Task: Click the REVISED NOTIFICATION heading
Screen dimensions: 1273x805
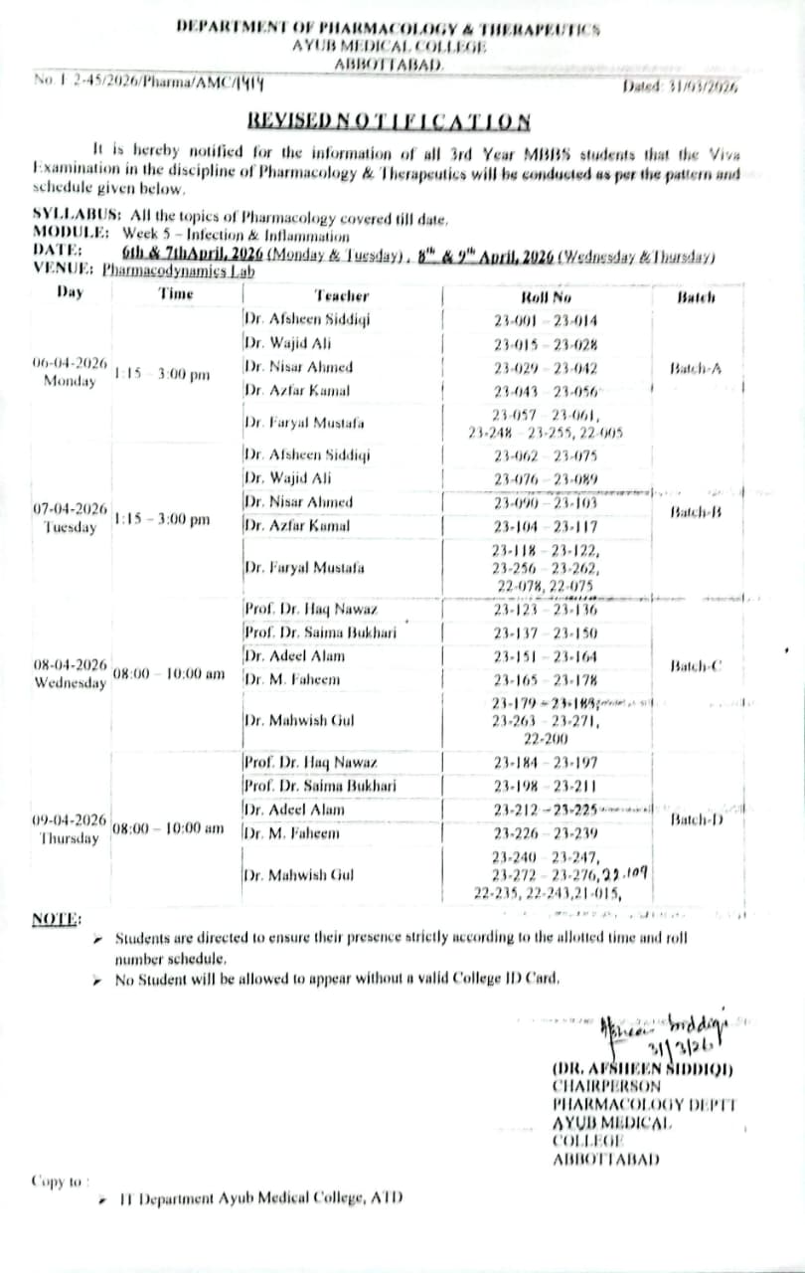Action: (389, 121)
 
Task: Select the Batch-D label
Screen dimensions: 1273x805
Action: (696, 819)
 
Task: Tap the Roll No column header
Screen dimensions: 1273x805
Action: (546, 296)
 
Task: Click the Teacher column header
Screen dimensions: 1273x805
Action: (341, 295)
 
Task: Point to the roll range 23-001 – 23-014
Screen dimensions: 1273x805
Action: (546, 320)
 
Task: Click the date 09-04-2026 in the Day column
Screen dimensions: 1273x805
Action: (70, 820)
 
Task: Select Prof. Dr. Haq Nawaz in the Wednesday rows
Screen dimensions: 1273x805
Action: (311, 610)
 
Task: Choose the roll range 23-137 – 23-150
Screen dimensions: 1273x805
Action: (546, 633)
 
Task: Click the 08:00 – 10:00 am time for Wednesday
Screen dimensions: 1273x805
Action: (168, 673)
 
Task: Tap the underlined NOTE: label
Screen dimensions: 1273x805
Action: (58, 919)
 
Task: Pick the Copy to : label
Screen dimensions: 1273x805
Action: (61, 1182)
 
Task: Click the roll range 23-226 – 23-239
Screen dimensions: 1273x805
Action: (546, 833)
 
